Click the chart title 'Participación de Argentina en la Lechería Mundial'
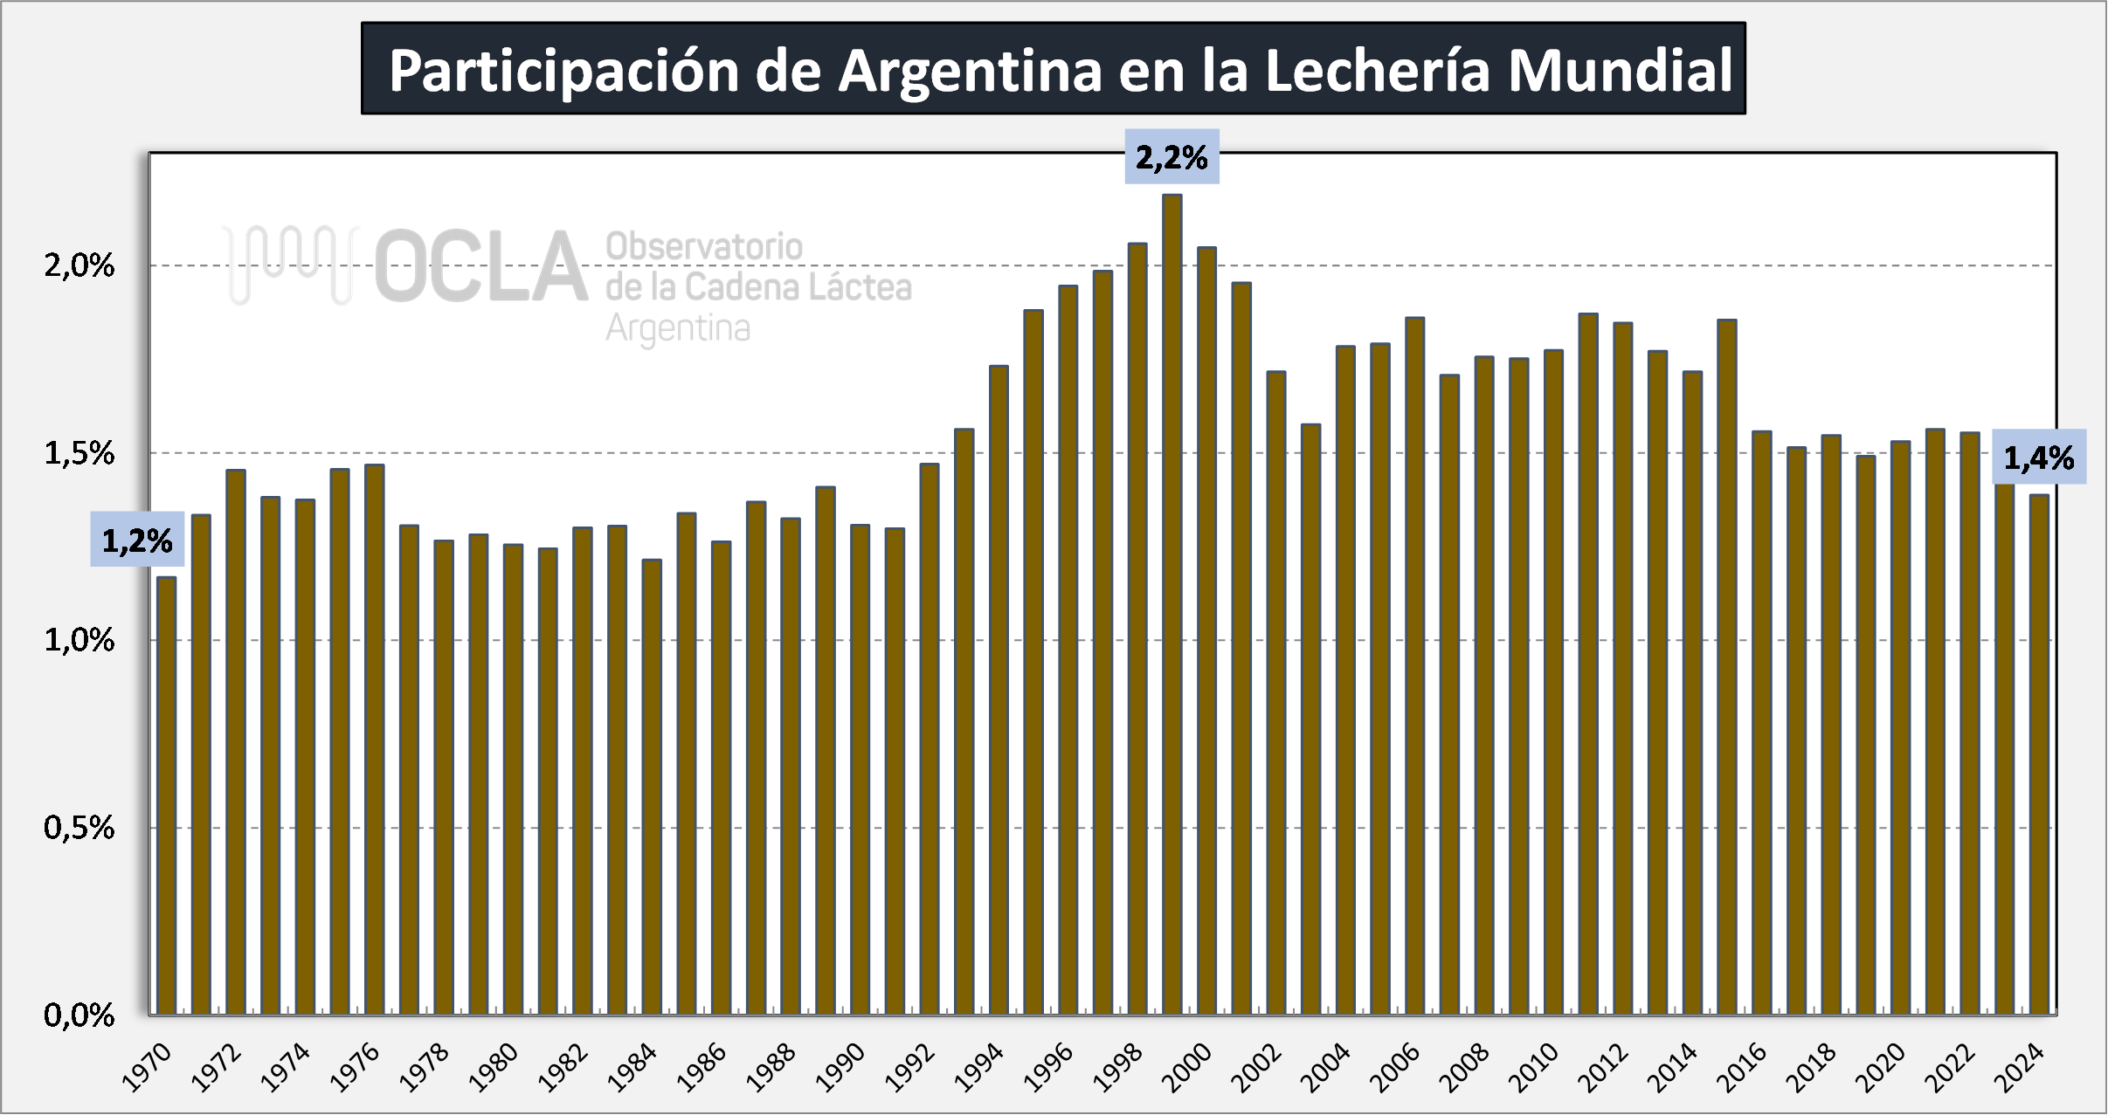click(x=1061, y=70)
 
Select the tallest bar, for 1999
click(x=1172, y=604)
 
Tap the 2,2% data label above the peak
click(x=1171, y=157)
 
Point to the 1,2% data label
click(x=137, y=540)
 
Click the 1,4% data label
click(x=2039, y=457)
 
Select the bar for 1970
click(x=166, y=795)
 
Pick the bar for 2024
click(x=2039, y=754)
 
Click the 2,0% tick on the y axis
click(x=79, y=265)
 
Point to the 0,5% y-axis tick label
click(x=79, y=828)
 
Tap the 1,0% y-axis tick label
click(x=79, y=640)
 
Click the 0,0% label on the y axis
click(x=79, y=1015)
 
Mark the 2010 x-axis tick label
click(x=1535, y=1068)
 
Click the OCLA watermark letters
click(x=481, y=266)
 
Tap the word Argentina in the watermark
click(x=678, y=328)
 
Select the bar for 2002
click(x=1276, y=693)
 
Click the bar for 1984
click(x=652, y=787)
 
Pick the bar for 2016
click(x=1762, y=723)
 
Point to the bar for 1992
click(x=930, y=739)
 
